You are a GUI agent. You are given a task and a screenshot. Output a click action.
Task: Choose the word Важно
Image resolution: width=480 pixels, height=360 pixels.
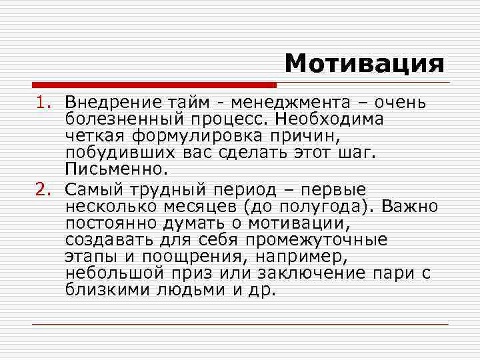(x=410, y=206)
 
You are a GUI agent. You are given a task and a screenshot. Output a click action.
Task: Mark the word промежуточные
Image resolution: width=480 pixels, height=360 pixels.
(x=316, y=239)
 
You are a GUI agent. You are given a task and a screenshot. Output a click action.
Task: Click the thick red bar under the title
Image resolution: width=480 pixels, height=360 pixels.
(x=153, y=86)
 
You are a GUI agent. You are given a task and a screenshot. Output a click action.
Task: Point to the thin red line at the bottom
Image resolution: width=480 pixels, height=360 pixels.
(x=240, y=324)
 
